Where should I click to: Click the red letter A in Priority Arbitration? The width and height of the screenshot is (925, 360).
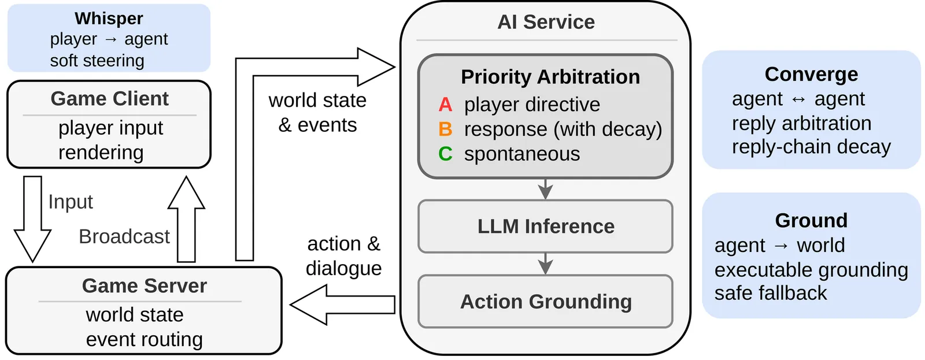tap(445, 105)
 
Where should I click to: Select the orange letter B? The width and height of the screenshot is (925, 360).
tap(445, 129)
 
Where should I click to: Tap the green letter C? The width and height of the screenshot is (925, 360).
tap(445, 154)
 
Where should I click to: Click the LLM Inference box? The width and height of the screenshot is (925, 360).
tap(545, 226)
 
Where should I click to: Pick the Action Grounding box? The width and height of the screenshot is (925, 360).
tap(545, 301)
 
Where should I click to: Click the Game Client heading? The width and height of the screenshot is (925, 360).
tap(109, 99)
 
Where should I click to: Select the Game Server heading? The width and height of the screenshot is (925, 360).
tap(144, 285)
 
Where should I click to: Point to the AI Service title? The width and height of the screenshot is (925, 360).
tap(546, 22)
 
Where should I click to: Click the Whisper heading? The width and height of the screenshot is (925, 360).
tap(109, 18)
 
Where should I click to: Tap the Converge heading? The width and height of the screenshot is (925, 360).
tap(811, 75)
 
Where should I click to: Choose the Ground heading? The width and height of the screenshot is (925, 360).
tap(811, 220)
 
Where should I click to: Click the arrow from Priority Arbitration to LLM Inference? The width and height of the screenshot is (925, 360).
tap(545, 188)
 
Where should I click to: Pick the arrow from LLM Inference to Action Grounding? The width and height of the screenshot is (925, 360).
tap(545, 263)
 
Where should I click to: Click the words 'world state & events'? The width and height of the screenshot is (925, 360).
tap(317, 113)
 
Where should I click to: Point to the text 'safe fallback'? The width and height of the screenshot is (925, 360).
tap(770, 293)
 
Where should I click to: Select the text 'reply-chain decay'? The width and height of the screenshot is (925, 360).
tap(811, 147)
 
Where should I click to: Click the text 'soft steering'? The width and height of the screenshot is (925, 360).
tap(97, 61)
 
